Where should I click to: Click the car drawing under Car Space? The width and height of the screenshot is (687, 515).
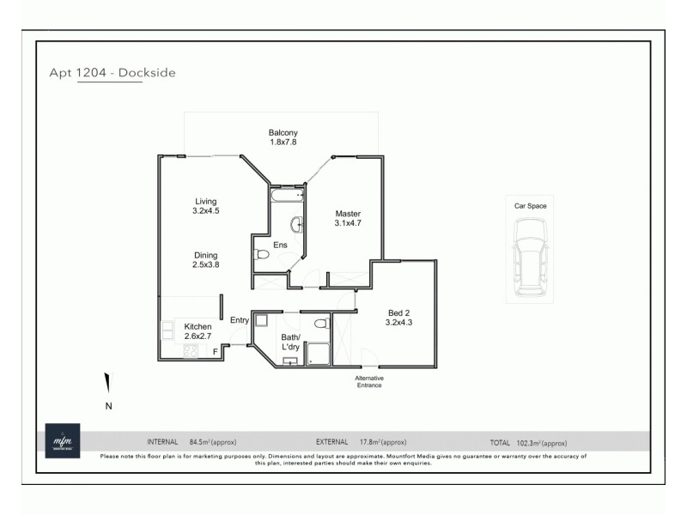click(x=530, y=257)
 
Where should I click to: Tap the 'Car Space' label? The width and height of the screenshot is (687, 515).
click(x=530, y=206)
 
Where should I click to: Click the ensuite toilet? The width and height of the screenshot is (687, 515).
click(x=261, y=254)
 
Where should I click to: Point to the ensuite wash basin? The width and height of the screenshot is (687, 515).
click(x=296, y=225)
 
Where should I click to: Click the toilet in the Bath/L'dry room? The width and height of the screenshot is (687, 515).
click(x=321, y=324)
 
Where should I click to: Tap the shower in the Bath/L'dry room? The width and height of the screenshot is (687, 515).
click(x=319, y=354)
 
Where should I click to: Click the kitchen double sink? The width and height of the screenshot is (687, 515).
click(x=166, y=330)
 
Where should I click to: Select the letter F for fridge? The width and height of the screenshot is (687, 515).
click(x=215, y=351)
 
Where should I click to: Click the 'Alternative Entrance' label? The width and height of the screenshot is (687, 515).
click(x=370, y=381)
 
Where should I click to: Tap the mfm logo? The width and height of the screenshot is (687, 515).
click(x=62, y=439)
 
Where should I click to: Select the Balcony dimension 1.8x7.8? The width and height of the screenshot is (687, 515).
click(x=283, y=142)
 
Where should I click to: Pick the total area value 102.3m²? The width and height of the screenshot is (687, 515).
click(x=541, y=442)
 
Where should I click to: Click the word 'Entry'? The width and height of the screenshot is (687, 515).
click(x=239, y=320)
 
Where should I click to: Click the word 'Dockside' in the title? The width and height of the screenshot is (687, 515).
click(x=149, y=73)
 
